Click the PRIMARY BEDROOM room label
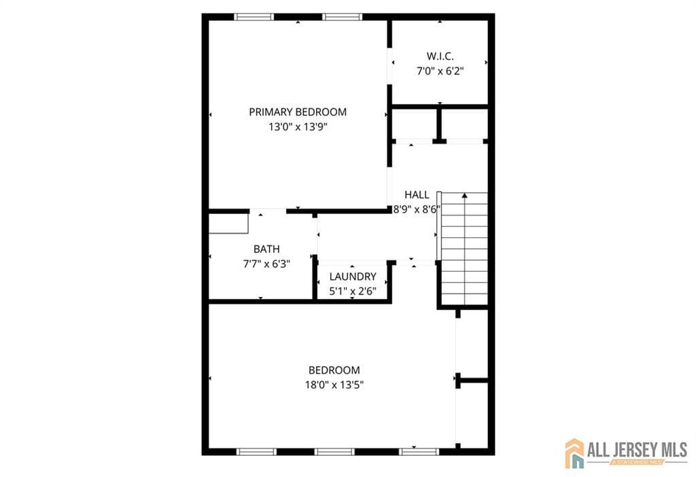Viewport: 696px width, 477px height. click(x=298, y=112)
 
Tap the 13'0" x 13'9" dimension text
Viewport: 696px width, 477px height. click(x=298, y=126)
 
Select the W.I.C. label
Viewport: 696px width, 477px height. click(x=440, y=56)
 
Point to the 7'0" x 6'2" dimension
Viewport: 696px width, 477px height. click(x=440, y=70)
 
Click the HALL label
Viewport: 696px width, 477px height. click(x=417, y=195)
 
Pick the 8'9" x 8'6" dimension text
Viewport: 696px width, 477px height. click(x=417, y=210)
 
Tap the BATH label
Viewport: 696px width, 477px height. click(x=266, y=249)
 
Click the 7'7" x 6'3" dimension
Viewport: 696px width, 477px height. click(x=266, y=264)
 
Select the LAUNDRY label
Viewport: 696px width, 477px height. click(x=353, y=277)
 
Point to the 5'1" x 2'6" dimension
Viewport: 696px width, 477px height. click(x=353, y=291)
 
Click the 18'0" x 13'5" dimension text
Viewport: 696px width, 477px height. click(x=334, y=385)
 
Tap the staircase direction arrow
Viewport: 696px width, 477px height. click(x=465, y=196)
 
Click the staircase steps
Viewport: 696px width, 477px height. click(x=464, y=251)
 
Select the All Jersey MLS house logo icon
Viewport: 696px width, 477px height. click(x=574, y=453)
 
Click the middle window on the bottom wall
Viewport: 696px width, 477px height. click(x=335, y=451)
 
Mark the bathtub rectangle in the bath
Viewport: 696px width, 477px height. click(x=228, y=223)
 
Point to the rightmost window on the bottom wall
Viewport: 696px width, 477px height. click(x=419, y=451)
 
